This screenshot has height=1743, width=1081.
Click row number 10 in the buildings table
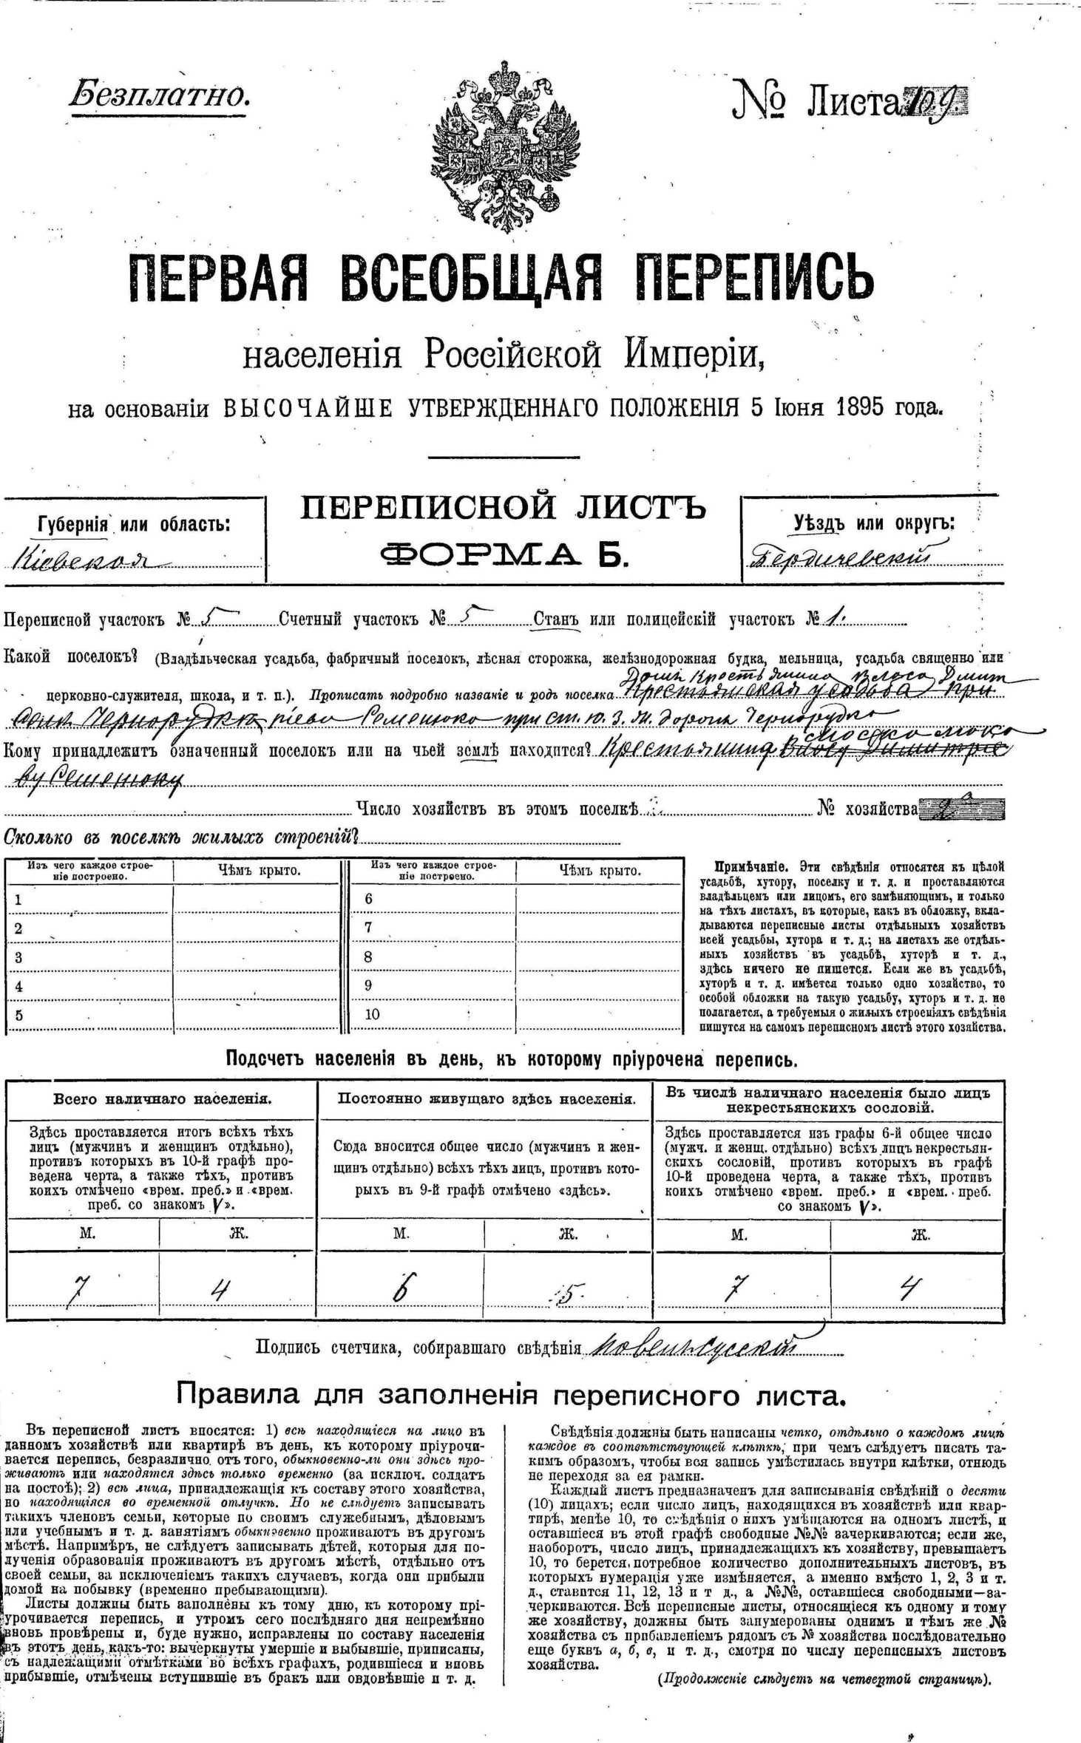point(372,1014)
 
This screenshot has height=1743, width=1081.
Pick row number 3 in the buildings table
point(19,957)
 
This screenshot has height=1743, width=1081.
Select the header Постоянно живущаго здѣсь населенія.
point(486,1099)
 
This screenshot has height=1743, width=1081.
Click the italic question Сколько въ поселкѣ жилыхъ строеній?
point(181,838)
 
